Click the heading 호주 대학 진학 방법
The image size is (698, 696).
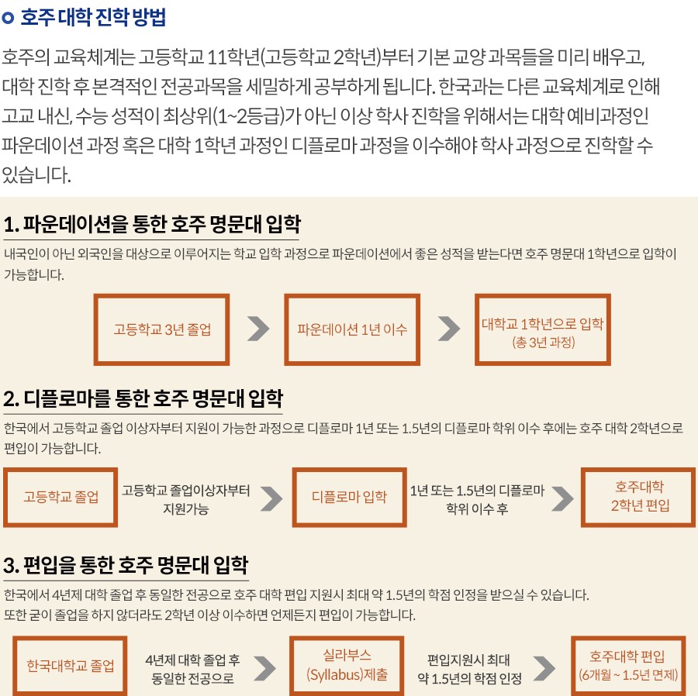[93, 17]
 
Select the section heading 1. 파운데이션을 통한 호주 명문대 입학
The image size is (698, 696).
[152, 224]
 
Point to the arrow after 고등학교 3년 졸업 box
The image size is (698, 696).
[258, 329]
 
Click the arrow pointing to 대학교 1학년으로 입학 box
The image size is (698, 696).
[449, 329]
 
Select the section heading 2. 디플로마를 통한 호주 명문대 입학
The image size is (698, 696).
[143, 398]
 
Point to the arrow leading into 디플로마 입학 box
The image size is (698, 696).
[271, 498]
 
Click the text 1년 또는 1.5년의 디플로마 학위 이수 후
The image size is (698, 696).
[477, 499]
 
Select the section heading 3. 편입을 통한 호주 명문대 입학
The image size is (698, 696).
[126, 565]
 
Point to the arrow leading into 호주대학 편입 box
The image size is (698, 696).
[544, 668]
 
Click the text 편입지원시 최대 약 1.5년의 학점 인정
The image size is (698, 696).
[470, 669]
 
